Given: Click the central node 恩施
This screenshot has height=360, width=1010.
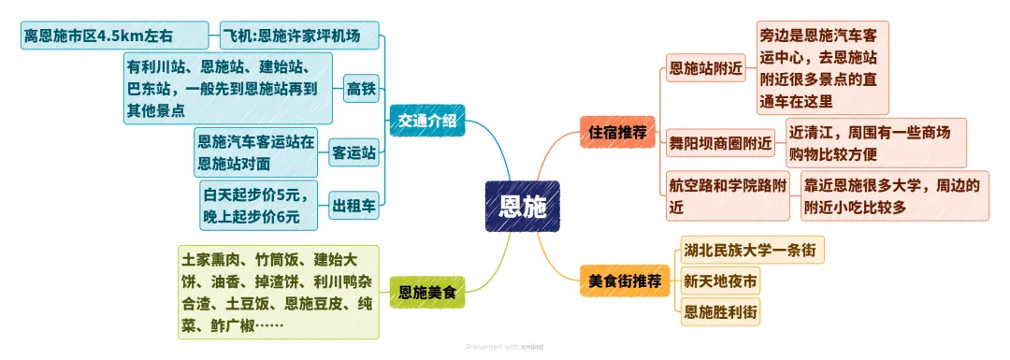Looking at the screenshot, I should coord(522,206).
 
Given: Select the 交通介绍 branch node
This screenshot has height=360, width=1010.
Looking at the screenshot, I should coord(426,121).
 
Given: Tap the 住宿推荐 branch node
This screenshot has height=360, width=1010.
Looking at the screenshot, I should coord(613,132).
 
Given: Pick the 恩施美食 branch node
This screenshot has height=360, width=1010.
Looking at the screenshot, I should coord(426,292).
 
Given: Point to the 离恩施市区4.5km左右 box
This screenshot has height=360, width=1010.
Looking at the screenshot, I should coord(115,37).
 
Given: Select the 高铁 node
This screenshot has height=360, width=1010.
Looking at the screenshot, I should coord(361,89).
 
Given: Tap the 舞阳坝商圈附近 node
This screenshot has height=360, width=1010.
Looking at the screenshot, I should coord(720,144).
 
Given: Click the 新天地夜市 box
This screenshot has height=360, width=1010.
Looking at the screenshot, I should coord(720,281).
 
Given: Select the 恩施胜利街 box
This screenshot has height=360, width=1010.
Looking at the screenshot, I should coord(720,312).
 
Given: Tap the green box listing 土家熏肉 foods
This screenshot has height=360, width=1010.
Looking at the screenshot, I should coord(279,292).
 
